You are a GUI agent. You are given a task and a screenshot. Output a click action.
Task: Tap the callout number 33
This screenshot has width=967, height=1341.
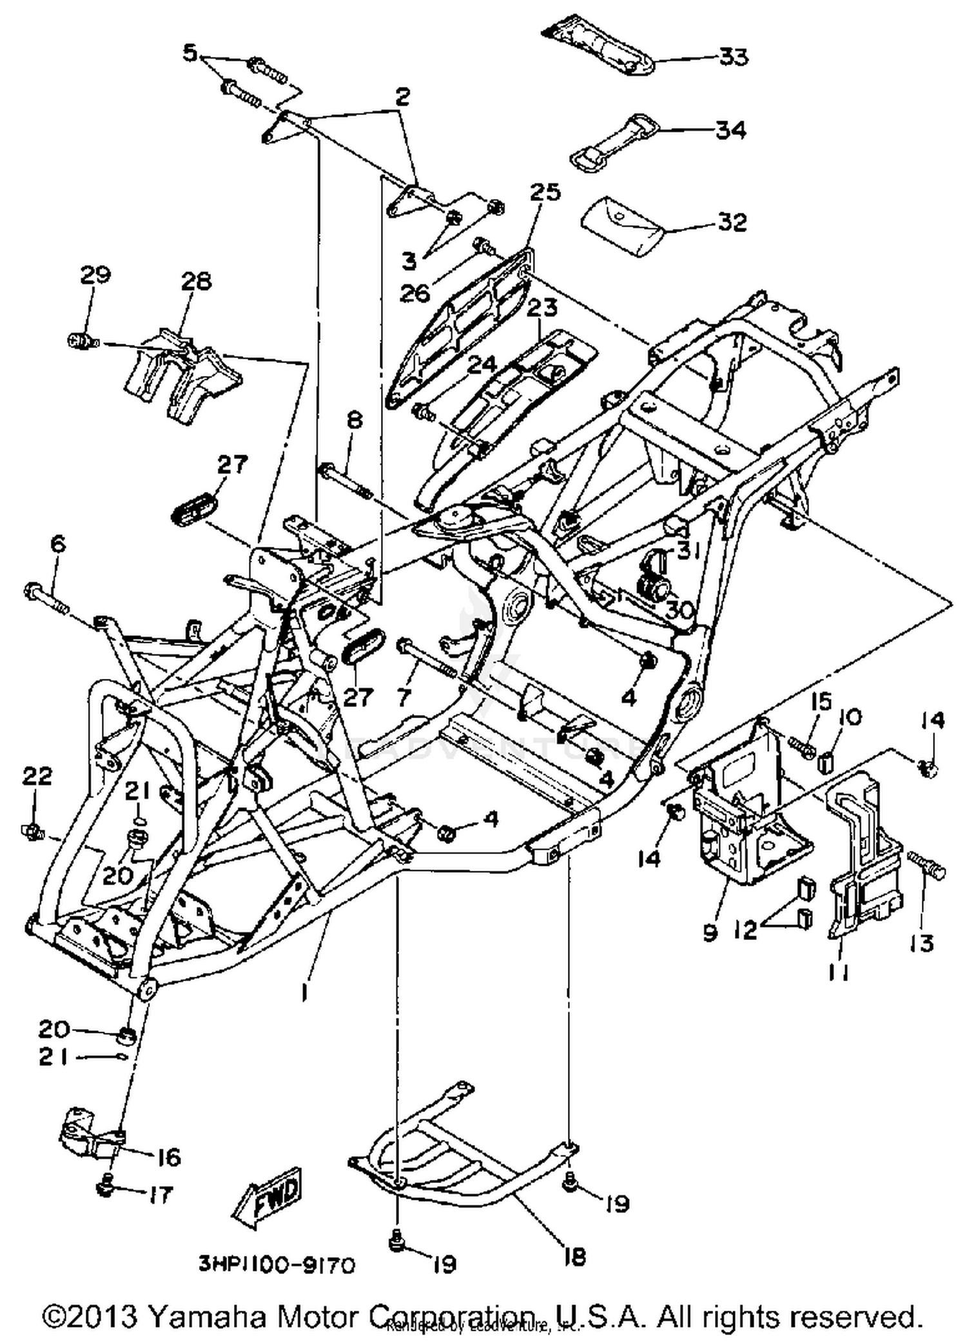pyautogui.click(x=734, y=57)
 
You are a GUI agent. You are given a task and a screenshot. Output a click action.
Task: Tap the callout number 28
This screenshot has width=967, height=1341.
pyautogui.click(x=195, y=281)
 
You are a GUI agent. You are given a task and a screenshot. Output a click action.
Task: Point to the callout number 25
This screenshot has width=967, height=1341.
pyautogui.click(x=545, y=192)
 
